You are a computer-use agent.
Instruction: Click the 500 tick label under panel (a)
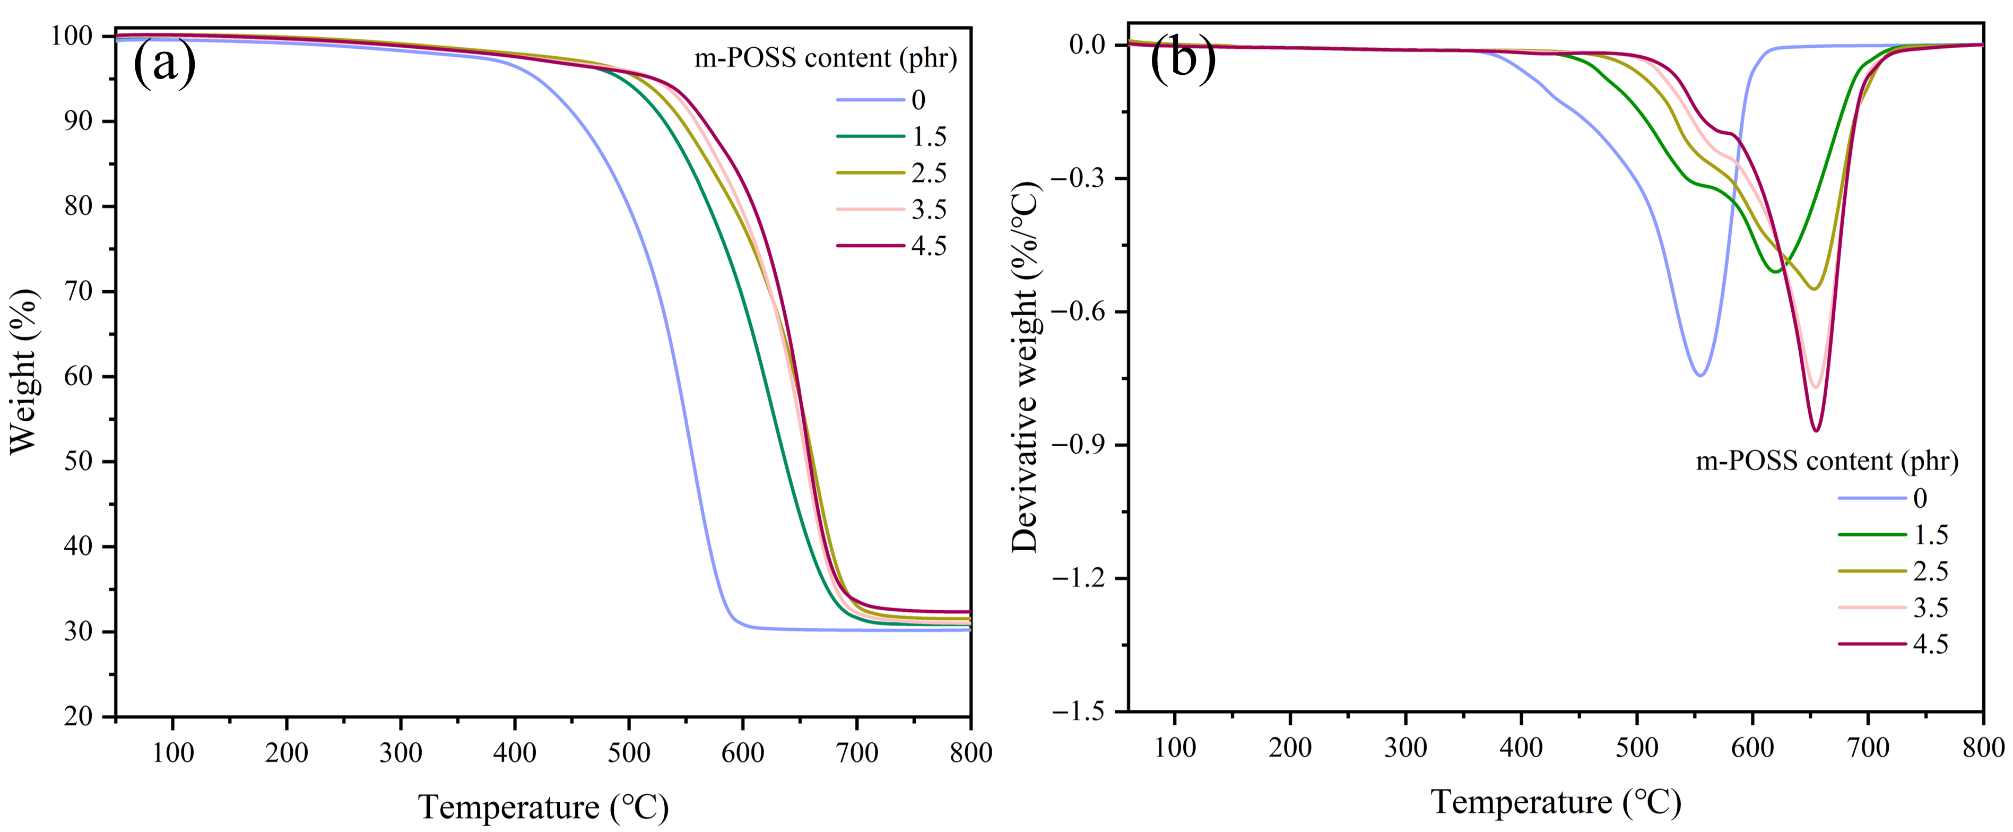point(629,752)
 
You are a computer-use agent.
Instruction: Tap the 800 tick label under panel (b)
point(1983,748)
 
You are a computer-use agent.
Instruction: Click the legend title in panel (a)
point(825,58)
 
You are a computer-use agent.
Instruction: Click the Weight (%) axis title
point(23,371)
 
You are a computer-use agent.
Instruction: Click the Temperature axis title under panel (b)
point(1555,802)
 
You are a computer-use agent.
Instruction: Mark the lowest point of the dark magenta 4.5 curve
point(1816,430)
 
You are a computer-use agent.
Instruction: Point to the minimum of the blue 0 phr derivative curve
point(1699,376)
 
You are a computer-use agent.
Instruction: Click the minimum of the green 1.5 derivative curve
point(1776,271)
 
